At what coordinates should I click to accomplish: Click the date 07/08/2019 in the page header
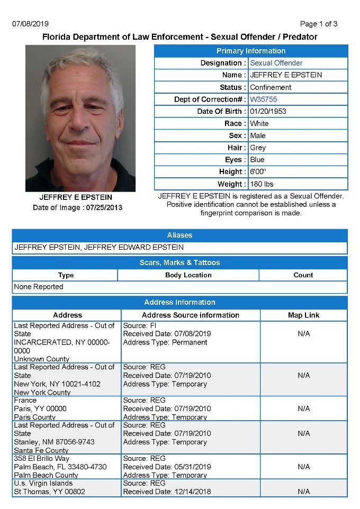pos(30,24)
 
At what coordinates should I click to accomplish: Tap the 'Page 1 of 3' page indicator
pos(318,24)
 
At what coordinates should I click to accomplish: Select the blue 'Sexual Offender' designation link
pos(276,63)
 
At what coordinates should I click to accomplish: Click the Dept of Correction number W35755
pos(264,99)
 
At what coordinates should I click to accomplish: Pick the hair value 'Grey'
pos(258,148)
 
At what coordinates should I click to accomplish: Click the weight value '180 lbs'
pos(262,184)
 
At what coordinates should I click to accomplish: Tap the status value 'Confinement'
pos(271,87)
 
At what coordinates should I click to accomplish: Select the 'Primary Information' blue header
pos(251,51)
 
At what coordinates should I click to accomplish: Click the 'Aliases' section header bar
pos(179,235)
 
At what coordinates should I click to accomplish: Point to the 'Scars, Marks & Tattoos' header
pos(179,262)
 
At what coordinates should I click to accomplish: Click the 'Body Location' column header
pos(188,275)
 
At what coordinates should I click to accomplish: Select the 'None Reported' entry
pos(39,287)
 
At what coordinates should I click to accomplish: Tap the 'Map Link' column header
pos(303,315)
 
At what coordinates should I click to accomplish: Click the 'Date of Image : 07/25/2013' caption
pos(77,207)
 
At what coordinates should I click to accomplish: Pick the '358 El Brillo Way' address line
pos(42,458)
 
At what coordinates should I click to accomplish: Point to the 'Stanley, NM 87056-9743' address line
pos(54,442)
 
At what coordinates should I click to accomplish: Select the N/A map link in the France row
pos(303,408)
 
